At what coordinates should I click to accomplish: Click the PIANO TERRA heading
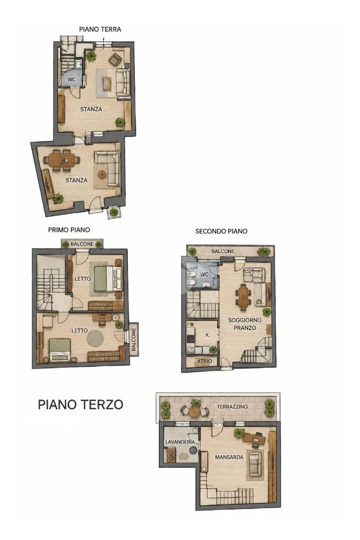100,30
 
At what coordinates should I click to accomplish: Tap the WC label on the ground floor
71,80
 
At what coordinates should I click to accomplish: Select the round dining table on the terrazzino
194,411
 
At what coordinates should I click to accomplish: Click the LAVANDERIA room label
180,442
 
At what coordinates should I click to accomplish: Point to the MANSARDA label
229,457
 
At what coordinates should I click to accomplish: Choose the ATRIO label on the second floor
205,361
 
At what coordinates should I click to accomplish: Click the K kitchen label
207,335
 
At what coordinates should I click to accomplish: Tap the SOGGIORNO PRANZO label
245,324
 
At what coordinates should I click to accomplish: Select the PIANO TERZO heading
80,404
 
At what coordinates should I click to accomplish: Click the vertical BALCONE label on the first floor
134,340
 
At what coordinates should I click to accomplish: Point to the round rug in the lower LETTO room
95,339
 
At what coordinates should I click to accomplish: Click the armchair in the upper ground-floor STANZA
115,60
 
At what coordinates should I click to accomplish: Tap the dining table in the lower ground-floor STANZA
62,160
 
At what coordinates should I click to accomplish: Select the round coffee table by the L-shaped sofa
102,174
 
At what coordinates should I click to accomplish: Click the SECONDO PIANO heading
221,231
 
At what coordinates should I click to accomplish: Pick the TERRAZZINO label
232,407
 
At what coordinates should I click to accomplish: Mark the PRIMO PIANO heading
69,230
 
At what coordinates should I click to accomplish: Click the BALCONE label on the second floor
223,251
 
